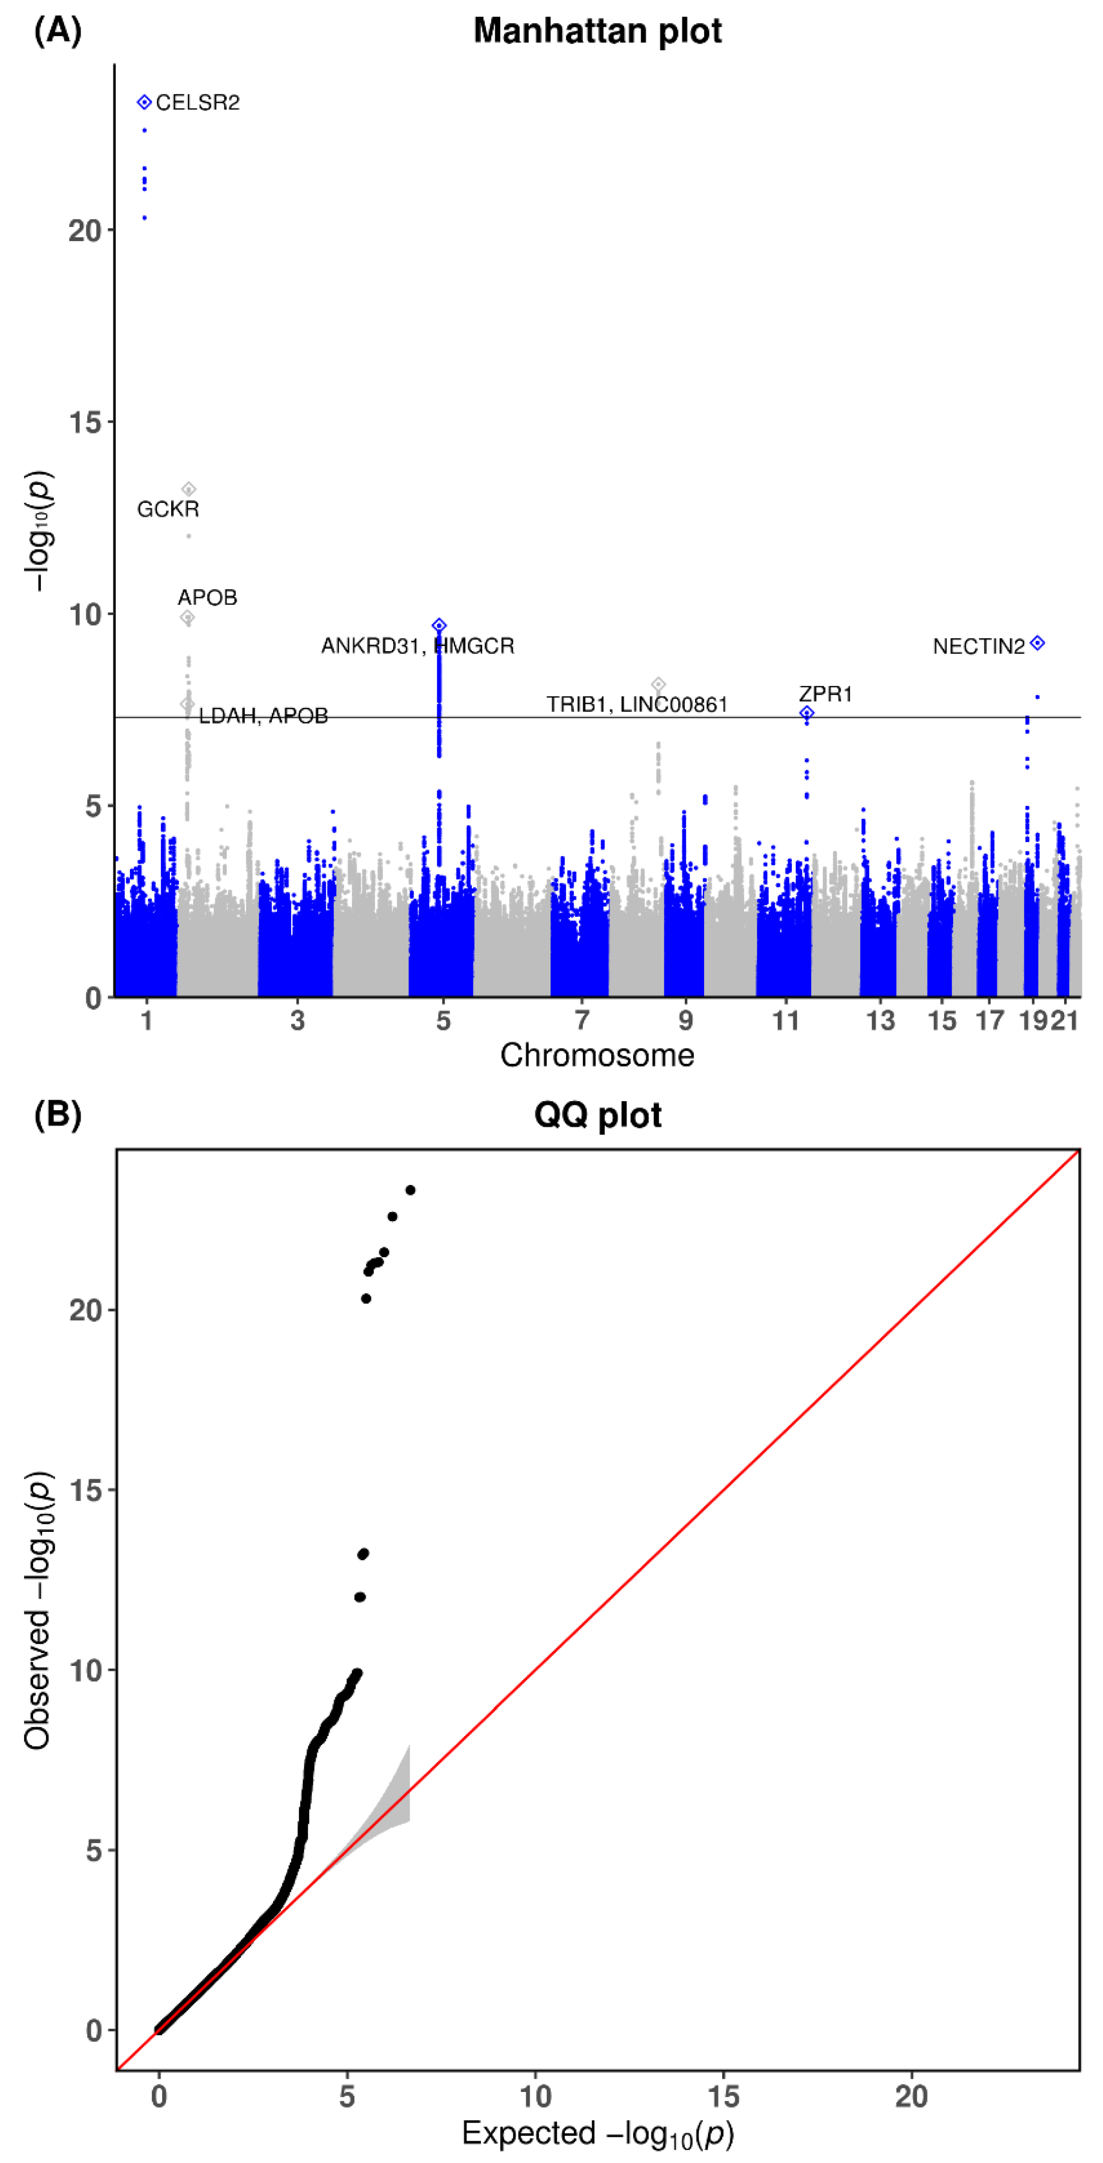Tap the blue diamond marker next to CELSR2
145,102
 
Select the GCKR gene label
168,509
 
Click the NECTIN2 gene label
979,647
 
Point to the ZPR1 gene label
825,694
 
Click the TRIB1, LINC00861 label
637,705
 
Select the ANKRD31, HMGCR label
417,646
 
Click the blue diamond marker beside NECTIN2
1038,643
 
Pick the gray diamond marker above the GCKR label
189,489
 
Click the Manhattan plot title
597,31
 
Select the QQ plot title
597,1115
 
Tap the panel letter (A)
57,31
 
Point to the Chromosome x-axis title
597,1056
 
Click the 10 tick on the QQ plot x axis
535,2097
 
